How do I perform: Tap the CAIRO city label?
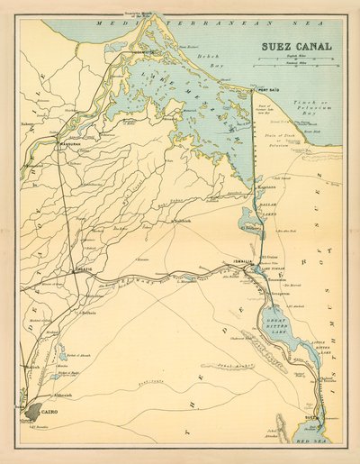pyautogui.click(x=49, y=411)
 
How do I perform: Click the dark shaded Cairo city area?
pyautogui.click(x=31, y=410)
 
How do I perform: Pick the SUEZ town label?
pyautogui.click(x=312, y=418)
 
